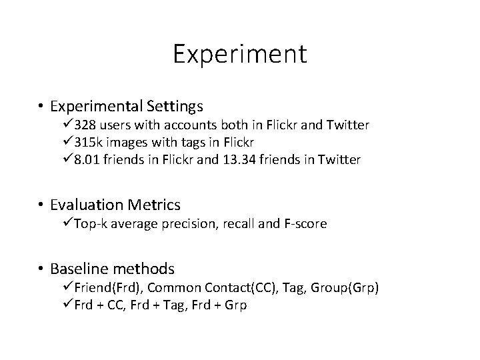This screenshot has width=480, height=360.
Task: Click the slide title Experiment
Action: point(240,54)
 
